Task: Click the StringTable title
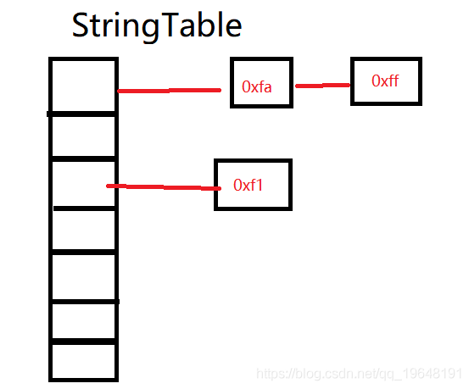tap(157, 26)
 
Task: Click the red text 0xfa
tap(257, 87)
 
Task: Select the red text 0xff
tap(385, 81)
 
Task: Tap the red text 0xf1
tap(248, 185)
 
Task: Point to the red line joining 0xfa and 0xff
tap(323, 86)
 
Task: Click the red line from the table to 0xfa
tap(170, 91)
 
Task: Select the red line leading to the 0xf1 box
tap(164, 187)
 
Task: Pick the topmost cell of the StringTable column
tap(83, 86)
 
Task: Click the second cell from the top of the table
tap(83, 136)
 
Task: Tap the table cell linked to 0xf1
tap(83, 184)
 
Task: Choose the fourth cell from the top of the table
tap(83, 231)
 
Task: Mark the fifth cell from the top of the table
tap(83, 277)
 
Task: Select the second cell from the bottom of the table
tap(83, 322)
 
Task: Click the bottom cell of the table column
tap(83, 361)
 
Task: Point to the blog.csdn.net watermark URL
tap(360, 374)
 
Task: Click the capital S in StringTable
tap(81, 25)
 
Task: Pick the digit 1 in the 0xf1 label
tap(259, 185)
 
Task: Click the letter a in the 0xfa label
tap(267, 88)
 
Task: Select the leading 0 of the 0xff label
tap(376, 81)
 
